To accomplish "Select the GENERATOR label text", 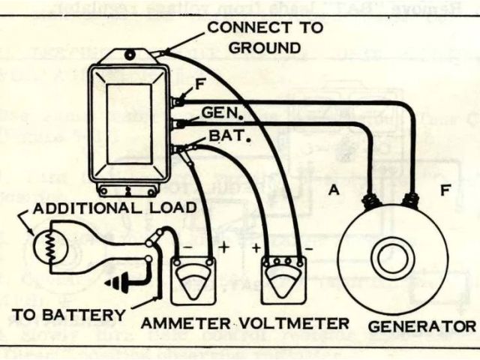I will pyautogui.click(x=421, y=327).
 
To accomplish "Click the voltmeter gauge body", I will pyautogui.click(x=284, y=281).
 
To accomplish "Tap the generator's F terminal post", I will pyautogui.click(x=411, y=199).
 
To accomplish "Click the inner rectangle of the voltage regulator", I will pyautogui.click(x=129, y=124).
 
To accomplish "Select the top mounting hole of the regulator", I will pyautogui.click(x=130, y=54).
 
